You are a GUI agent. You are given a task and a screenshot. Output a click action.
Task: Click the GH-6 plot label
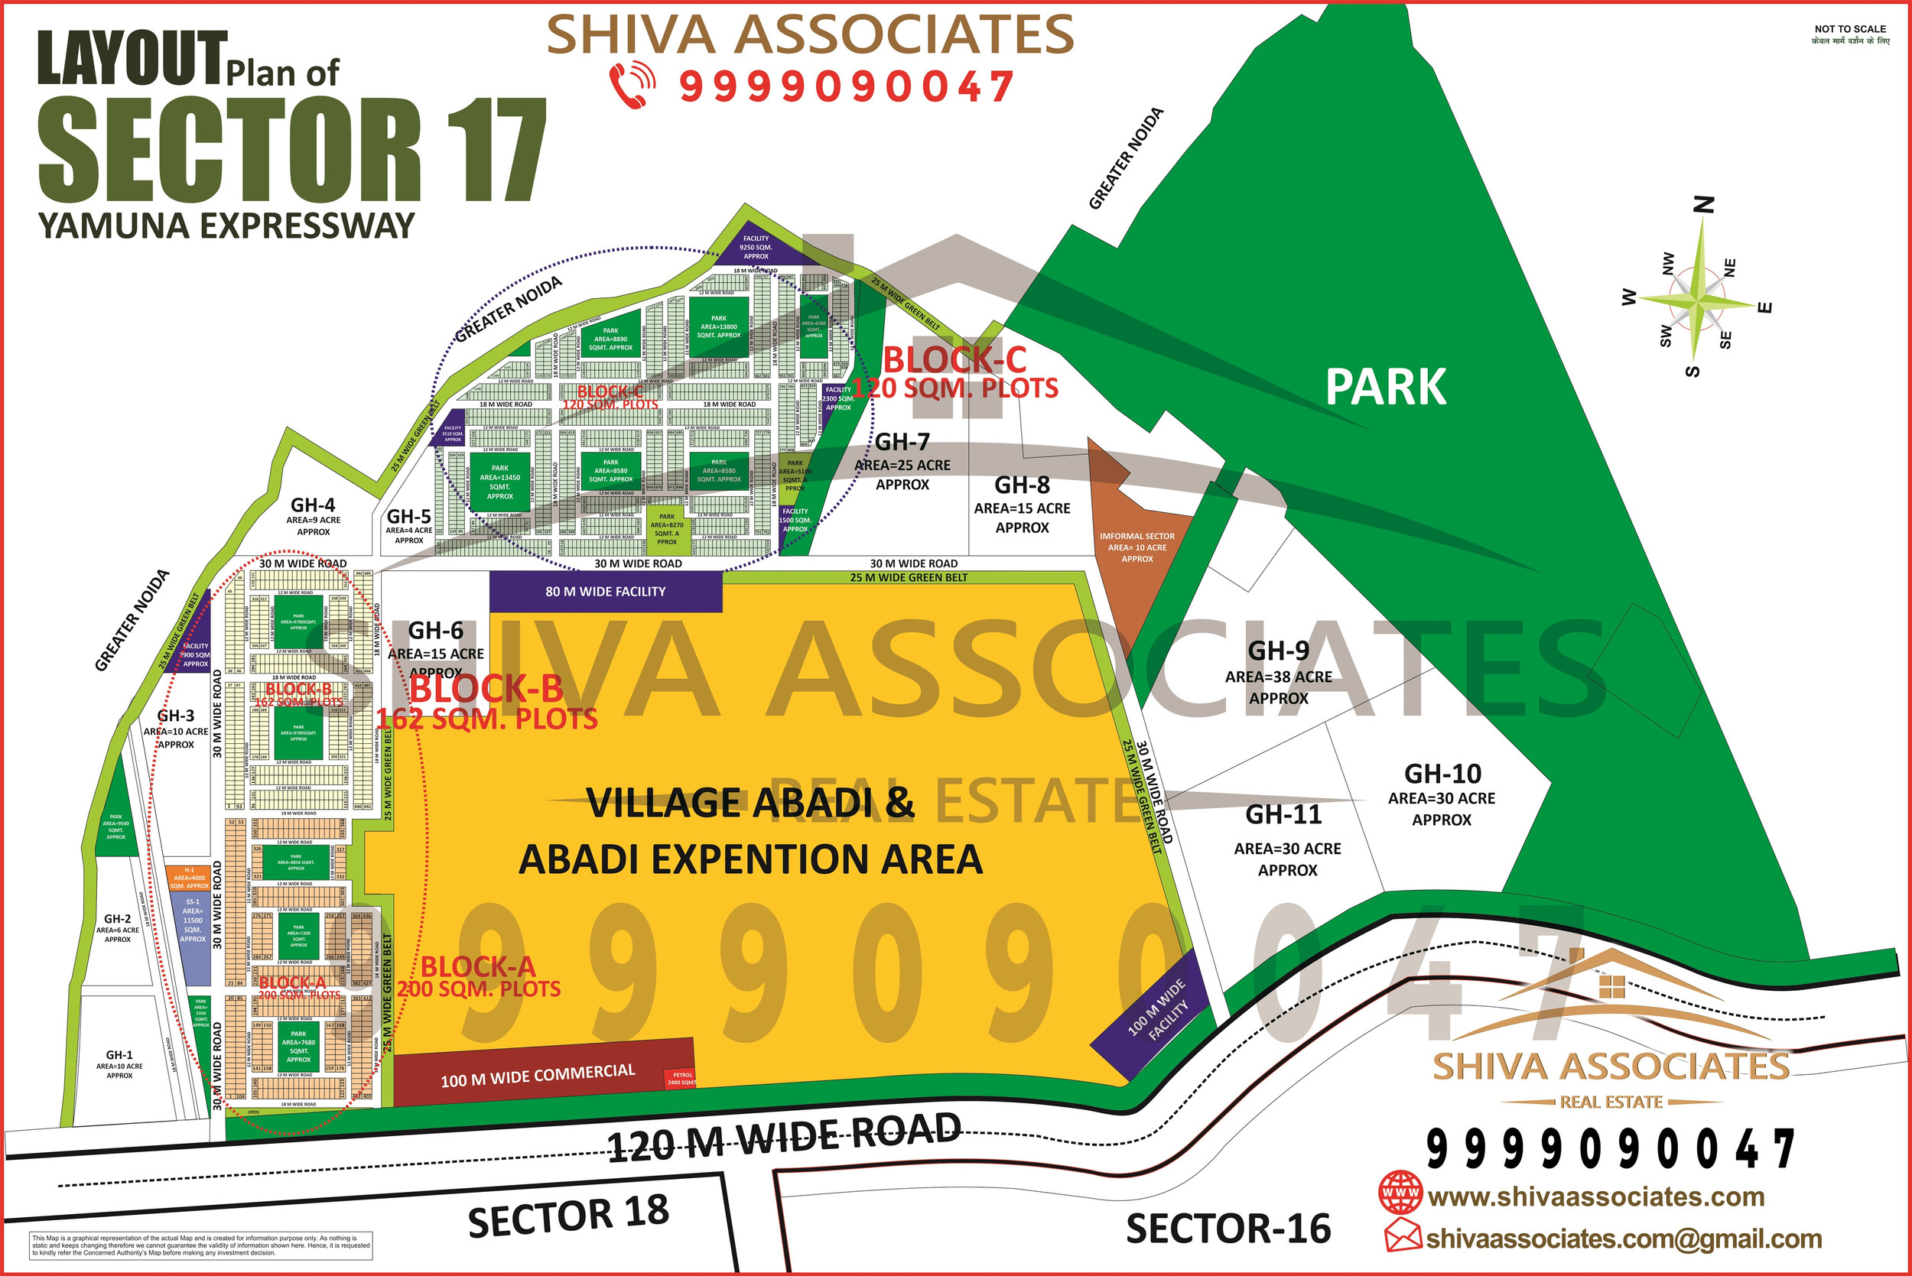(435, 631)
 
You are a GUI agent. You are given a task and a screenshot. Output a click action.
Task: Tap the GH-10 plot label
(1442, 774)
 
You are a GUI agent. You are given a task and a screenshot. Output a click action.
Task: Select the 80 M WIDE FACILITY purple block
(606, 592)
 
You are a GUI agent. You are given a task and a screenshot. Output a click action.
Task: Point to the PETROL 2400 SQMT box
(681, 1079)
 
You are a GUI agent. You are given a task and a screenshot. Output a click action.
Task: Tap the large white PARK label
(1385, 388)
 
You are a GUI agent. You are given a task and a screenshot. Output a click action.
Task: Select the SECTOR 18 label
(568, 1216)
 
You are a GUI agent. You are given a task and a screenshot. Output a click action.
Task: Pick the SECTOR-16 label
(1228, 1229)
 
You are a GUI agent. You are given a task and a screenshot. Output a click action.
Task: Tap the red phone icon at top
(632, 85)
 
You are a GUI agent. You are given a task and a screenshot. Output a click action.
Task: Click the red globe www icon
(1400, 1193)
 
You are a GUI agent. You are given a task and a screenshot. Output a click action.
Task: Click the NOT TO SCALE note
(1850, 29)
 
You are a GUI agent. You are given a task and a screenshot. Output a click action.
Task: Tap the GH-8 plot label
(1023, 485)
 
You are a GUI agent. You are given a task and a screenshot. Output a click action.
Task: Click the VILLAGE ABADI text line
(750, 804)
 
